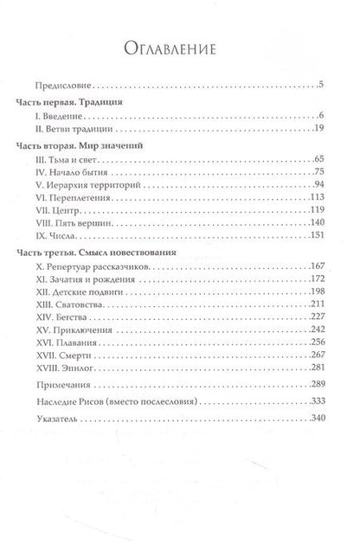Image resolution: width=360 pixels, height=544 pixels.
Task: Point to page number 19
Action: pos(318,128)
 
